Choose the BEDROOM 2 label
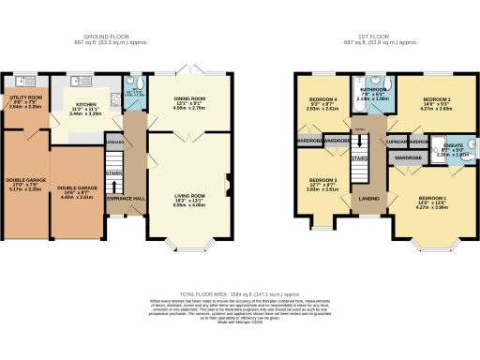(438, 99)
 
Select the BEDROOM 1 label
(433, 199)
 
